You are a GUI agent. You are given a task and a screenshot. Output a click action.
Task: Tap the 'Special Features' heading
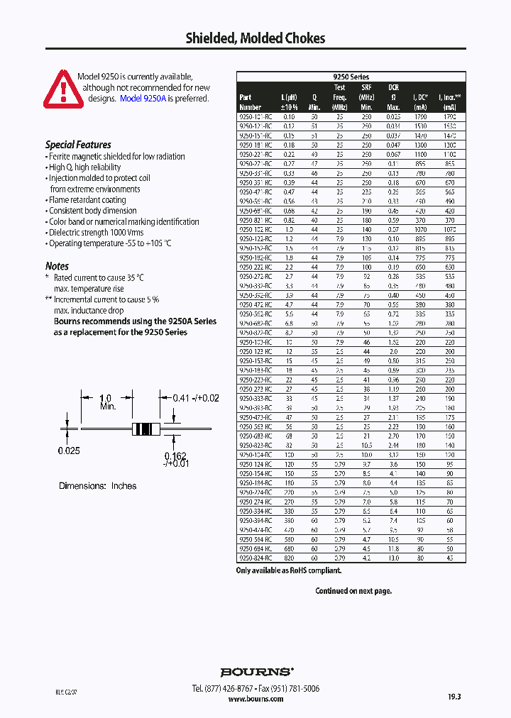(x=78, y=145)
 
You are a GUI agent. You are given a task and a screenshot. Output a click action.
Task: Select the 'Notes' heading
(x=57, y=266)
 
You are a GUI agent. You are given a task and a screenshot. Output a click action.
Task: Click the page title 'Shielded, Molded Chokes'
(x=255, y=38)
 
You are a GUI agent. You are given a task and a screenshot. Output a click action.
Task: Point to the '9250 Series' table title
(x=351, y=77)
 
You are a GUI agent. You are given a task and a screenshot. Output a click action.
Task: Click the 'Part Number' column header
(x=246, y=98)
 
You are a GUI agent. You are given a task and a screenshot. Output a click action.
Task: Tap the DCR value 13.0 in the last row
(x=393, y=558)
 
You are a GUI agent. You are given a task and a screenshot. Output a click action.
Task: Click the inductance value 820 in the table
(x=288, y=558)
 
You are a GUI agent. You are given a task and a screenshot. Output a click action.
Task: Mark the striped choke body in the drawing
(x=144, y=429)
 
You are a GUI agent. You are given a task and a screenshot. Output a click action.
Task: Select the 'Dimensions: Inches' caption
(x=97, y=486)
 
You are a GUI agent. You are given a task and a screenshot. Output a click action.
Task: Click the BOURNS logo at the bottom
(x=256, y=672)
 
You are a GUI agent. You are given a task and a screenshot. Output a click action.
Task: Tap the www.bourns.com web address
(x=256, y=699)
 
